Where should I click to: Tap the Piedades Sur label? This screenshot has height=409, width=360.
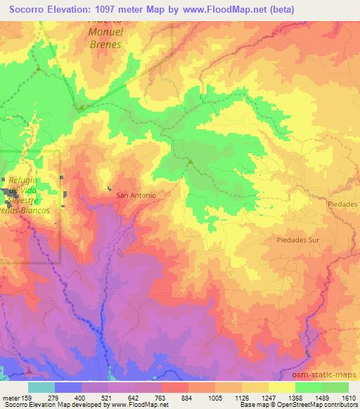click(x=294, y=239)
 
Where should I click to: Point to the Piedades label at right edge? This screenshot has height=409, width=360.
click(x=343, y=203)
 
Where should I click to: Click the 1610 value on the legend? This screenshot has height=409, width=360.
click(x=349, y=397)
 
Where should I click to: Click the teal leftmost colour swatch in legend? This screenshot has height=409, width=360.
click(x=41, y=387)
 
